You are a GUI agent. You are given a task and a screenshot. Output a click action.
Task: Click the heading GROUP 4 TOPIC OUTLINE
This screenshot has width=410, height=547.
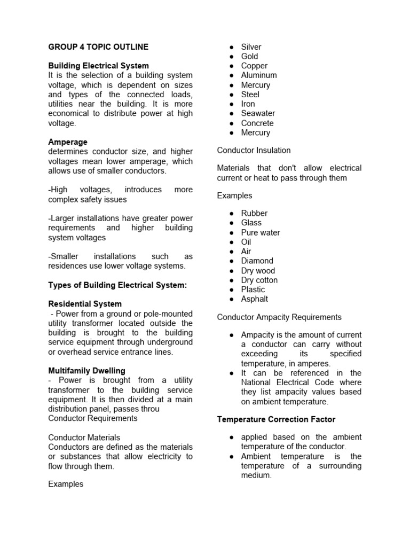click(98, 47)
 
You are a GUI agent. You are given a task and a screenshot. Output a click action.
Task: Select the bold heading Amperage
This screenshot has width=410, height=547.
click(68, 142)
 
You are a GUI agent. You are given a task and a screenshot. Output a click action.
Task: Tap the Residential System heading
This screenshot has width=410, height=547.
click(85, 304)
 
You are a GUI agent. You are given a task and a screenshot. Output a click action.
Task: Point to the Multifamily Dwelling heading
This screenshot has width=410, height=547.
click(87, 371)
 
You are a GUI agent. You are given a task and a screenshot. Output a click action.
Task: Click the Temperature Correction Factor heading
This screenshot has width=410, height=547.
click(276, 419)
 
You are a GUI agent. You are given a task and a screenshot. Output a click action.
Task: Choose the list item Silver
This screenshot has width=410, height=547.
click(251, 47)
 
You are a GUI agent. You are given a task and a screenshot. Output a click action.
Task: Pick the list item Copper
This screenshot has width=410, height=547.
click(254, 66)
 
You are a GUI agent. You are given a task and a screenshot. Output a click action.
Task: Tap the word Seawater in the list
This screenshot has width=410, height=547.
click(258, 113)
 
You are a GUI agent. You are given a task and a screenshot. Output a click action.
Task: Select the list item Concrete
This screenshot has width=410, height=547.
click(257, 123)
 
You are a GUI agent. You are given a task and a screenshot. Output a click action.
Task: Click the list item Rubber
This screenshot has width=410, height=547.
click(254, 213)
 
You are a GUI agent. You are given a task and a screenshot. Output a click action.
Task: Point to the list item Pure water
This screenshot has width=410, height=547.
click(260, 232)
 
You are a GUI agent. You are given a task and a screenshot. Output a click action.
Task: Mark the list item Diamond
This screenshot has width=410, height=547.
click(257, 261)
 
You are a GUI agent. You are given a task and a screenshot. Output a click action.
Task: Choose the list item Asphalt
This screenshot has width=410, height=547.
click(255, 299)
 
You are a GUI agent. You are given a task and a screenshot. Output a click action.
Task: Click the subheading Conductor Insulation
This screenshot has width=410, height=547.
click(254, 150)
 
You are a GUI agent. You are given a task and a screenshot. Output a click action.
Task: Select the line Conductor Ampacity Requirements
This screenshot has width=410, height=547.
click(279, 317)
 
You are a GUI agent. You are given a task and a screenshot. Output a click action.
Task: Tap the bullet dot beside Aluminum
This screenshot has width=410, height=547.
click(232, 75)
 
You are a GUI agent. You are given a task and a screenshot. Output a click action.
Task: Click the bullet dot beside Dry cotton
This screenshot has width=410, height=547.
click(232, 280)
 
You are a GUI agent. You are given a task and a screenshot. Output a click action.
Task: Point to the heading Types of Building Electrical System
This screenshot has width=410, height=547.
click(117, 285)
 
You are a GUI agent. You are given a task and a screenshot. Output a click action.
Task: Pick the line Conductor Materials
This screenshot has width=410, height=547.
click(84, 437)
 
